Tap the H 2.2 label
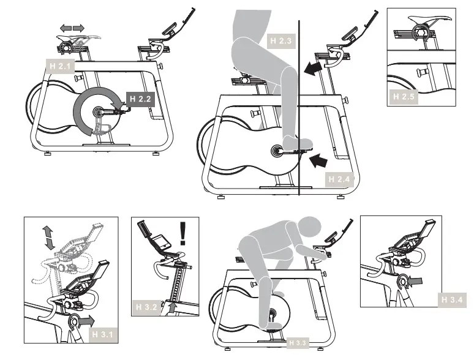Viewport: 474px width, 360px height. click(x=140, y=97)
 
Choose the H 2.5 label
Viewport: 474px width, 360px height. click(x=404, y=96)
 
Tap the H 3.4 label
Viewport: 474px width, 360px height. click(x=454, y=299)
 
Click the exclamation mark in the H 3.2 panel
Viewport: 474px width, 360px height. click(x=182, y=233)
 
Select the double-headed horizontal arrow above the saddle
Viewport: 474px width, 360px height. click(x=72, y=28)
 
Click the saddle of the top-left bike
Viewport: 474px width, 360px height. click(x=72, y=40)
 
